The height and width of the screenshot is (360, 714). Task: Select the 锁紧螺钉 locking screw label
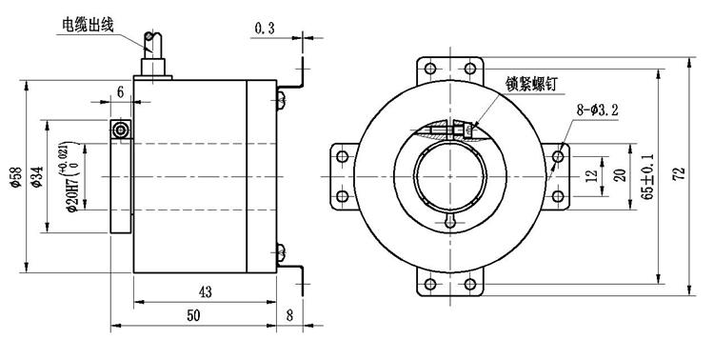pyautogui.click(x=531, y=85)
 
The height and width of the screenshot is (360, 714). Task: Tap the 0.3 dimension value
pyautogui.click(x=265, y=30)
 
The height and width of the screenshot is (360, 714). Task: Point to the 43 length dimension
pyautogui.click(x=206, y=292)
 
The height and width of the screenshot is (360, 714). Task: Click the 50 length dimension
pyautogui.click(x=193, y=316)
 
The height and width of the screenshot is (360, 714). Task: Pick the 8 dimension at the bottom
pyautogui.click(x=290, y=316)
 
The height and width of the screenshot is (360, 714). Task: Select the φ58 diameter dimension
pyautogui.click(x=16, y=177)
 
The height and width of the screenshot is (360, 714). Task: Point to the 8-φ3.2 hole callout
pyautogui.click(x=598, y=110)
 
